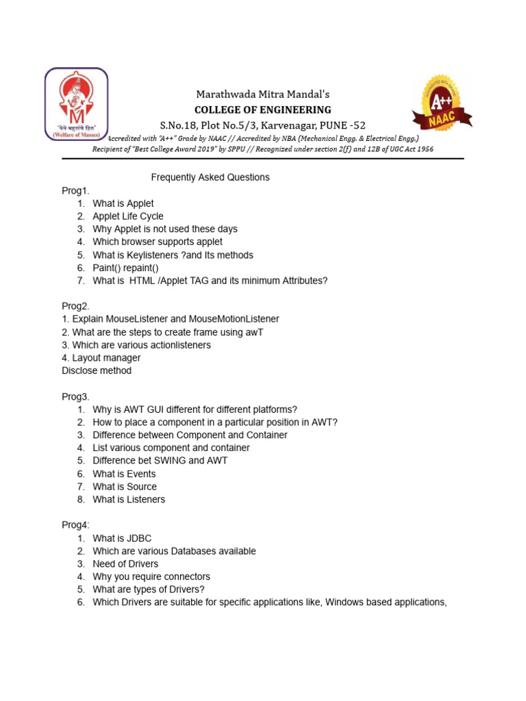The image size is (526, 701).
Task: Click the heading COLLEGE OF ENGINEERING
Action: [x=263, y=110]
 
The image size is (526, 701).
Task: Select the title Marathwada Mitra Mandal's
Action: [x=263, y=94]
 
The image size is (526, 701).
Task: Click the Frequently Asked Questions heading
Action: [x=210, y=177]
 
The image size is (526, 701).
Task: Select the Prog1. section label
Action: [x=76, y=190]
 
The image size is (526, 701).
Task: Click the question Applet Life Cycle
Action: [x=128, y=216]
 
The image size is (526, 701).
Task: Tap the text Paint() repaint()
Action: [x=125, y=268]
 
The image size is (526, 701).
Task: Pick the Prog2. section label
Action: [x=76, y=306]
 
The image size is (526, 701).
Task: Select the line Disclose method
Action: [x=97, y=370]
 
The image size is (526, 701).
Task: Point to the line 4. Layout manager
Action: [x=101, y=358]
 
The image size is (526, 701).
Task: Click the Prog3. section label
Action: [x=76, y=396]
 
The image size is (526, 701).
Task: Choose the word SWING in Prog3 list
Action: [x=172, y=461]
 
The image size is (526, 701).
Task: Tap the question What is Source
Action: [x=125, y=487]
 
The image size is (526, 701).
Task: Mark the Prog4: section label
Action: [x=76, y=525]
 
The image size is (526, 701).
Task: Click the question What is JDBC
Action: [x=122, y=538]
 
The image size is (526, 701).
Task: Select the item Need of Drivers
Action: [x=125, y=564]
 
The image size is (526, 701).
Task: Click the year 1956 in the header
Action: [x=422, y=149]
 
